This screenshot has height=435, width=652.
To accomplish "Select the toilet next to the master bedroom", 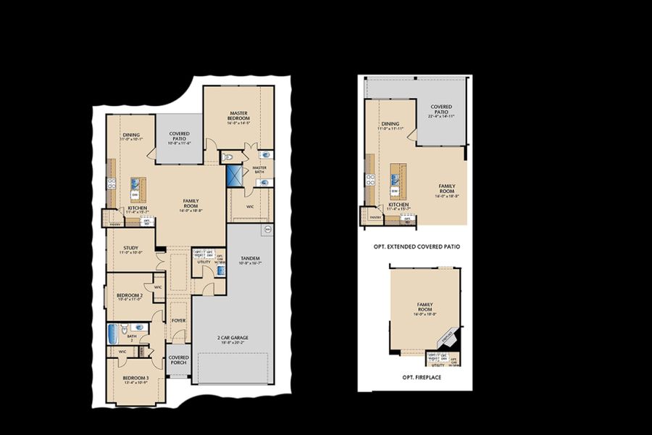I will [227, 157].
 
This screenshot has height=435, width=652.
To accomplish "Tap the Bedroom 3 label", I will [135, 380].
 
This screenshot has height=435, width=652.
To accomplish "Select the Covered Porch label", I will [179, 360].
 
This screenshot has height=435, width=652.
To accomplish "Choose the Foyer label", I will [178, 320].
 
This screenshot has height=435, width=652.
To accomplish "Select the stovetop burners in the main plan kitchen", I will [111, 183].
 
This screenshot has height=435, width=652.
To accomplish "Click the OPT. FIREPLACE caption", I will [423, 378].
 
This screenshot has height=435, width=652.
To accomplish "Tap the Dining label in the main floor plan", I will [131, 135].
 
